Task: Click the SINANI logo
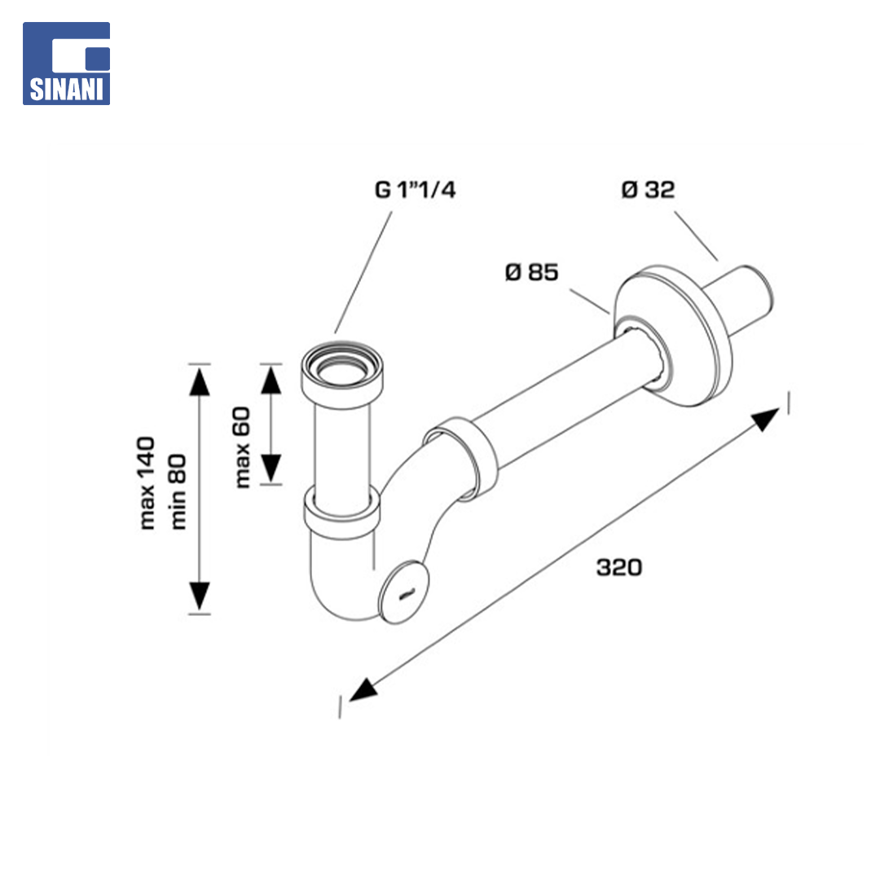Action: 66,64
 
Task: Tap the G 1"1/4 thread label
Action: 415,190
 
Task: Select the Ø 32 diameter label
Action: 648,190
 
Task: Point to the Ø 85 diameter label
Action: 531,272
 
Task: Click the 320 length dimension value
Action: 619,567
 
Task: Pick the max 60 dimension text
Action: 242,447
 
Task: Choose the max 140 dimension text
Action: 147,482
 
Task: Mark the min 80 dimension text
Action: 178,491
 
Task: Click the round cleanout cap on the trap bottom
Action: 403,592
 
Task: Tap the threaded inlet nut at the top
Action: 342,373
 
